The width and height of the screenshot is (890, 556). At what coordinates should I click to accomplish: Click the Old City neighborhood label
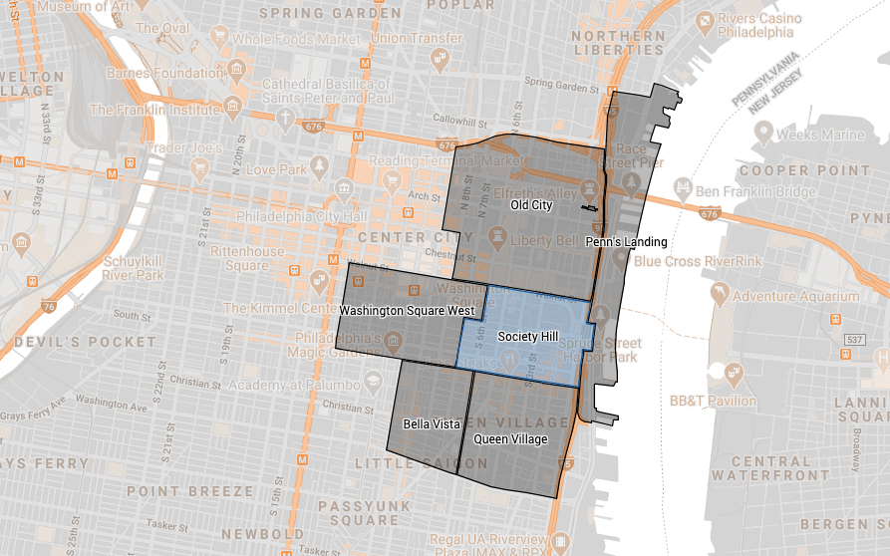(x=531, y=205)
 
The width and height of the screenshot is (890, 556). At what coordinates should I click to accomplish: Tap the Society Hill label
(x=527, y=338)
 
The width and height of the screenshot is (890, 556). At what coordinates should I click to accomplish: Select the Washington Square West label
(x=406, y=311)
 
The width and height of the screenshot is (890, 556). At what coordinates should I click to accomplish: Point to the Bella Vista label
(x=432, y=424)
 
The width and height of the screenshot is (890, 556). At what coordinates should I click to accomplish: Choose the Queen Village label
(x=510, y=439)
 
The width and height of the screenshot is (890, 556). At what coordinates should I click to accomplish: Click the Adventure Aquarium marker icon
(x=717, y=296)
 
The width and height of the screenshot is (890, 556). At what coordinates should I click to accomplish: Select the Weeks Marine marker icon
(x=764, y=134)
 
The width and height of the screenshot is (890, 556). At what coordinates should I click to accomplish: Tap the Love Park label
(x=274, y=170)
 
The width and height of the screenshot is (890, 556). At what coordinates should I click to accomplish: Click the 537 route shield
(x=854, y=341)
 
